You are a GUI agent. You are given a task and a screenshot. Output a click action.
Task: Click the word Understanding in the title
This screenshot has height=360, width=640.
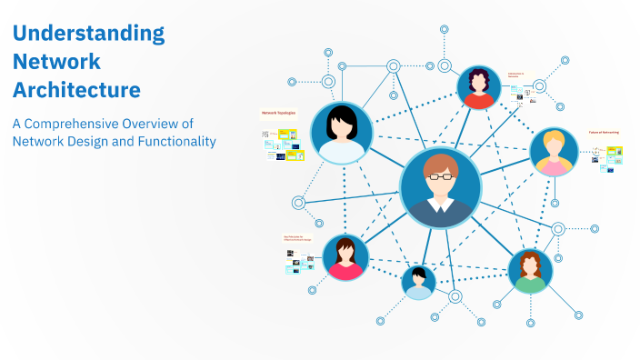pos(88,35)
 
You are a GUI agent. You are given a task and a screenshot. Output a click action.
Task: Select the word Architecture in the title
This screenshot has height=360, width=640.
pos(76,90)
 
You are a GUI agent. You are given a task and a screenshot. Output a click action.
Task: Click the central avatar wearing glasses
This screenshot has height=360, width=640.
pos(440,188)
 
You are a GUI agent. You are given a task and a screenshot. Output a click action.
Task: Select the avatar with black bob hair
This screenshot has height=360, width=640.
pos(342,133)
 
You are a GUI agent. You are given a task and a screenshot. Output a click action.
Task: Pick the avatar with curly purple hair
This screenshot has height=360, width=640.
pos(478,88)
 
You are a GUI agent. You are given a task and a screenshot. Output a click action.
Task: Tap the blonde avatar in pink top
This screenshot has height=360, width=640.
pos(554,152)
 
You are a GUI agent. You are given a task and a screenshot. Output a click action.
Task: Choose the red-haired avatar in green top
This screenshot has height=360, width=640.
pos(530,272)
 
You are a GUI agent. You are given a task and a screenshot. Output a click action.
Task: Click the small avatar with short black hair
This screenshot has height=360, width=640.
pos(418,282)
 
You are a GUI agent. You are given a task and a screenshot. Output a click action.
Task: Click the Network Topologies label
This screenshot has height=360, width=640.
pos(277,114)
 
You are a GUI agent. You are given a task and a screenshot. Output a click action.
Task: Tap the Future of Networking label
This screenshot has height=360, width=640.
pos(604,133)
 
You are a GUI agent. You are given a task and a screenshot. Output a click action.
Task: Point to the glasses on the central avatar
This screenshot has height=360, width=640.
pos(440,176)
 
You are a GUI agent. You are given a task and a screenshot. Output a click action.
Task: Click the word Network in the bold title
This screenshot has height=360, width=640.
pos(56,63)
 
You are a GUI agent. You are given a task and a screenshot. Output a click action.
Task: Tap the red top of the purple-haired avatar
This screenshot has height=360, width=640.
pos(478,100)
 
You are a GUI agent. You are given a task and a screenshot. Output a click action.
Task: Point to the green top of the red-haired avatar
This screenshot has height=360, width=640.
pos(530,284)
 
